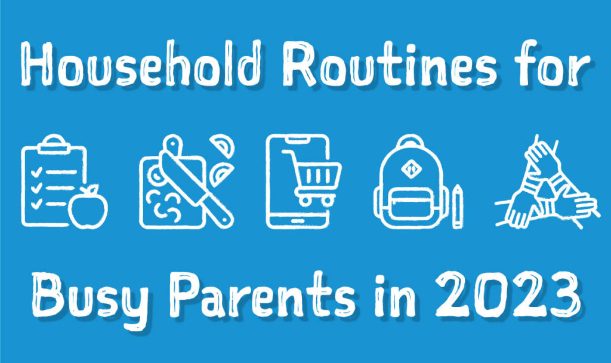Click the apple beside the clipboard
tap(88, 207)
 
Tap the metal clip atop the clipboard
tap(53, 144)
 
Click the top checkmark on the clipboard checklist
tap(36, 171)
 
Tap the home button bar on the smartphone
tap(298, 220)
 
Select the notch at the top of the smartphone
tap(298, 139)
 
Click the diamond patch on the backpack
tap(411, 168)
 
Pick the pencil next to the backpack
tap(458, 206)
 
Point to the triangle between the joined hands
tap(545, 189)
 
